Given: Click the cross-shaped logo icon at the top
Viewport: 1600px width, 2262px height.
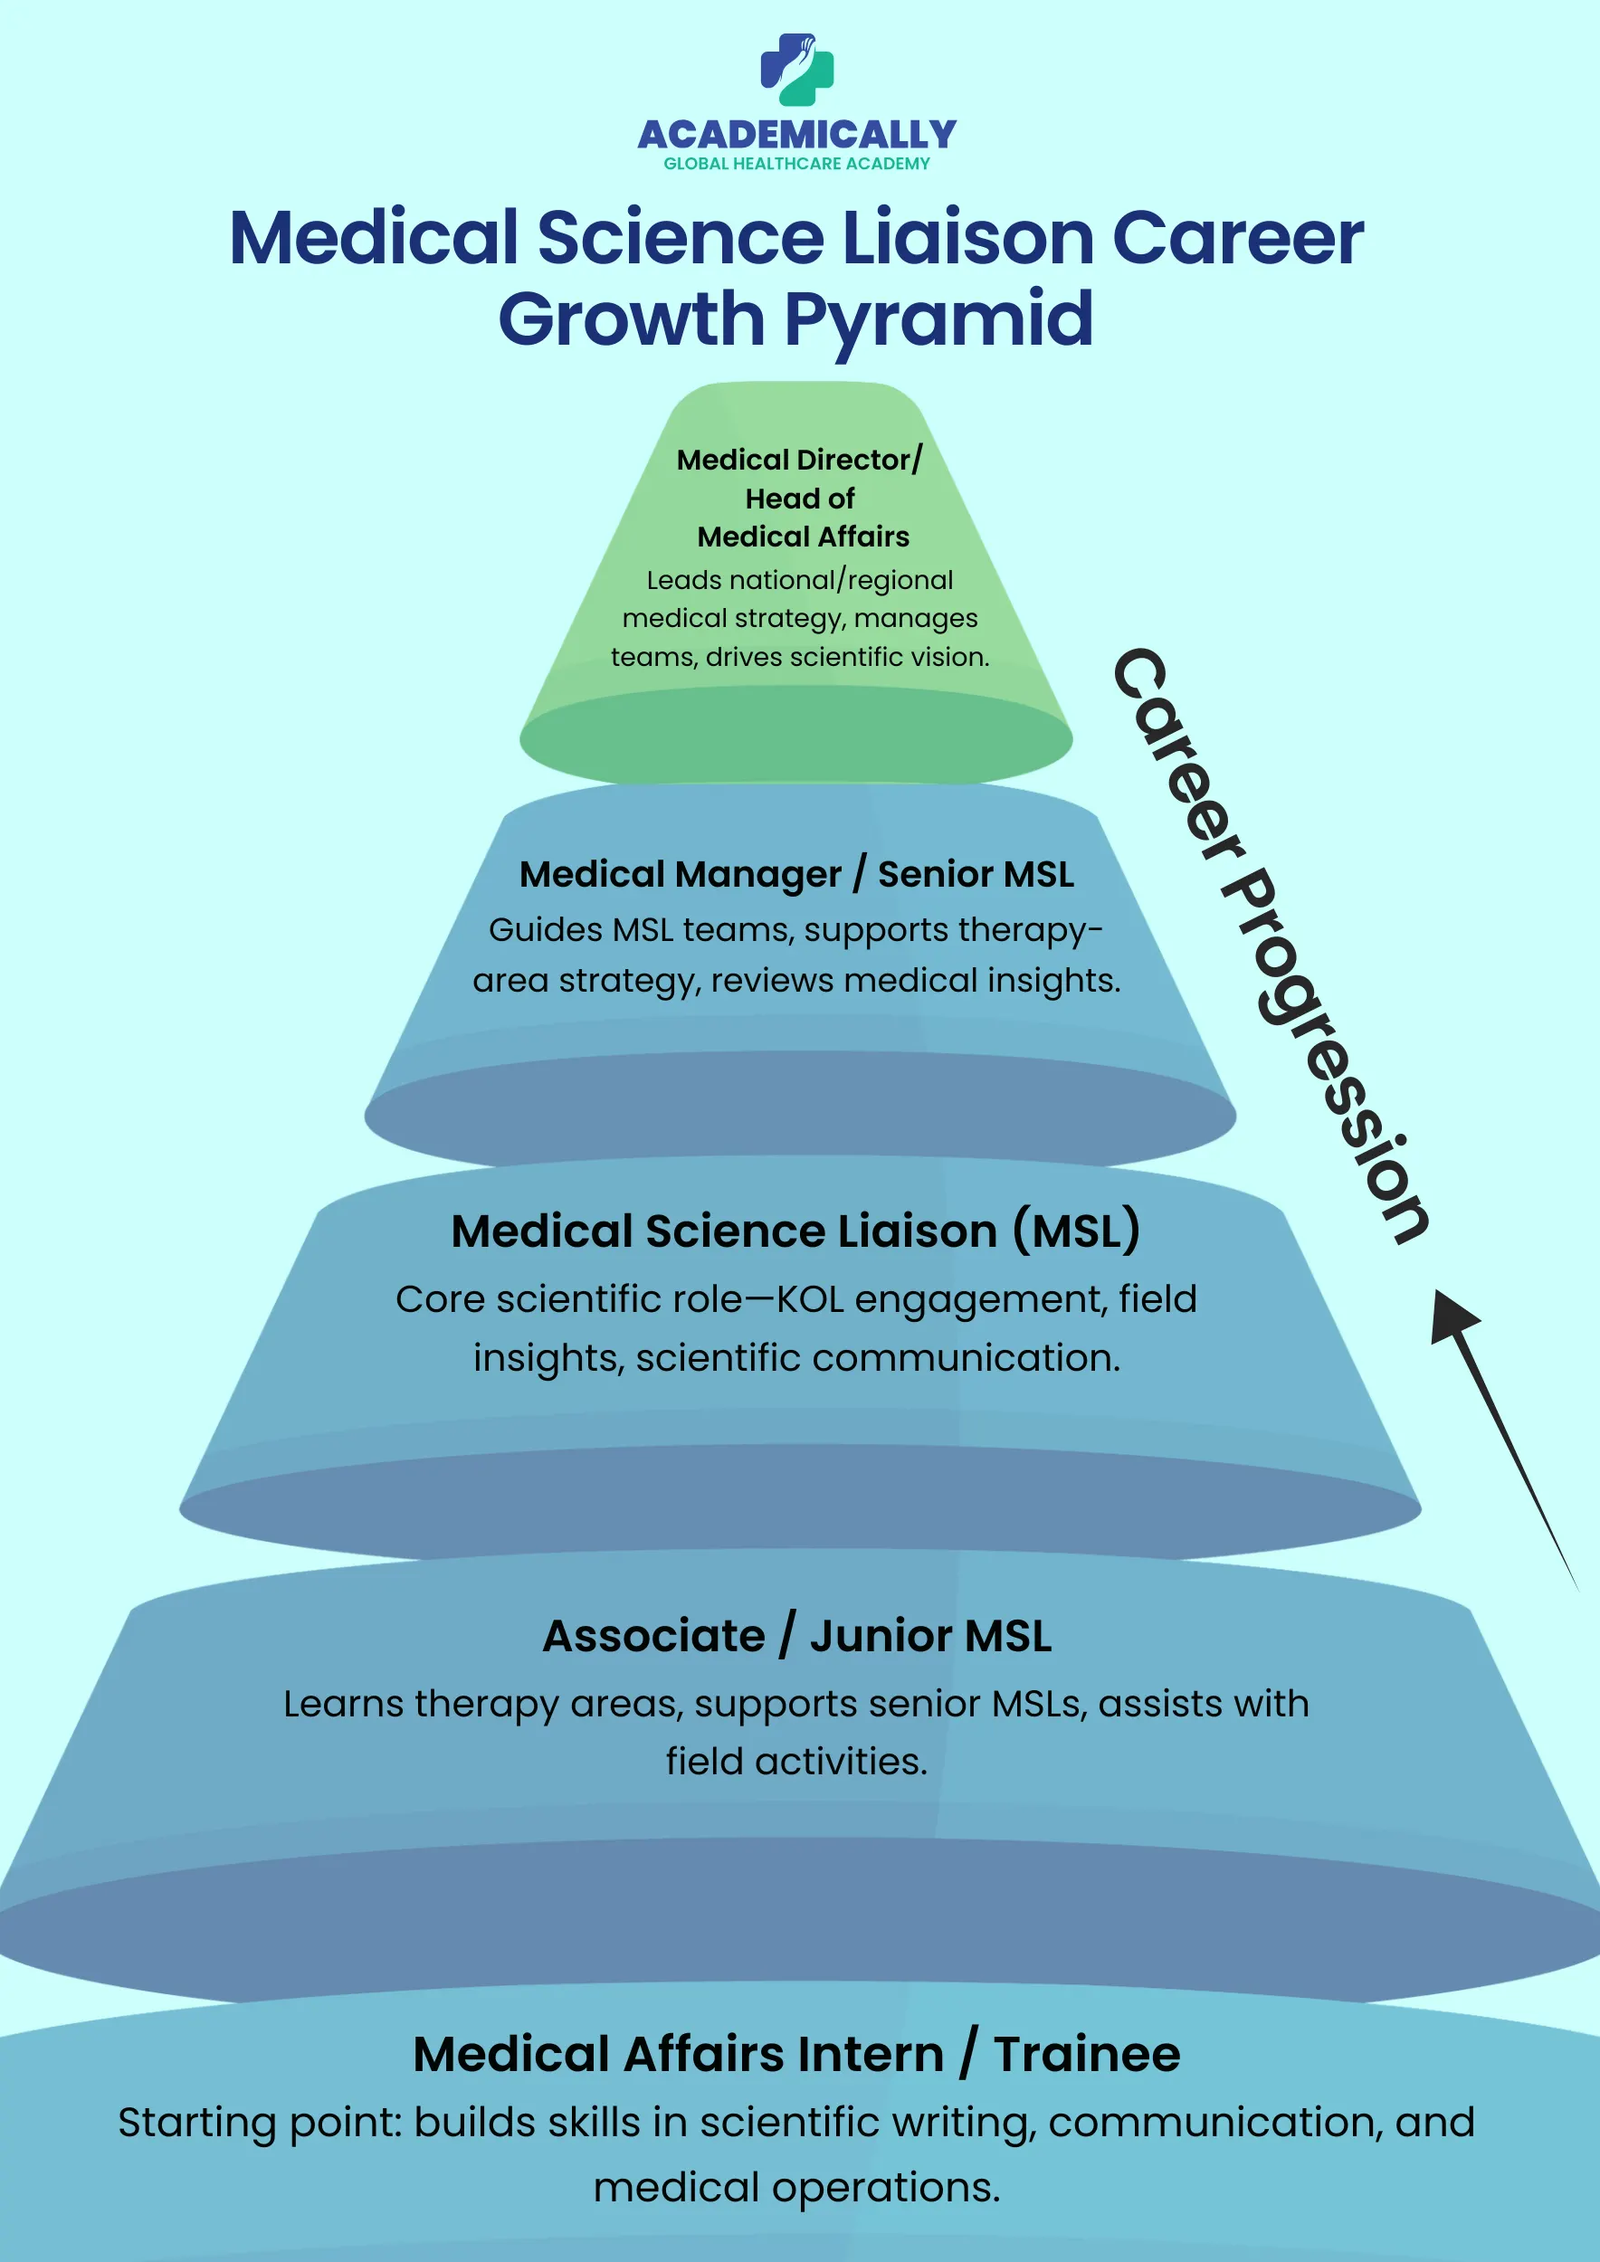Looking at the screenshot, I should [797, 70].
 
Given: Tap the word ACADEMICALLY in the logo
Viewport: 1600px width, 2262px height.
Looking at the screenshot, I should [797, 134].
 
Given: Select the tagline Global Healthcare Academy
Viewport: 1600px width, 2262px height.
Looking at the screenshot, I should [797, 165].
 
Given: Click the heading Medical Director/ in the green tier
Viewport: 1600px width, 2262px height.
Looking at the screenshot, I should [799, 460].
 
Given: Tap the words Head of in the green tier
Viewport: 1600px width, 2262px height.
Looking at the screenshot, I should [799, 499].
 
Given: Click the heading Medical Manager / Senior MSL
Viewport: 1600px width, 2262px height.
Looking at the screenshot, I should [796, 875].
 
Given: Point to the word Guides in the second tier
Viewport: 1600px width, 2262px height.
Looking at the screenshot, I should [546, 930].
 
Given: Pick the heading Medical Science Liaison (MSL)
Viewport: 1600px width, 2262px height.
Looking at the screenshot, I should [796, 1231].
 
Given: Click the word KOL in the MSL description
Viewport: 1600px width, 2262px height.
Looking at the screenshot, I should [810, 1300].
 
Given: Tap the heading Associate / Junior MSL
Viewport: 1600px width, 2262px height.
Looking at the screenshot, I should [796, 1637].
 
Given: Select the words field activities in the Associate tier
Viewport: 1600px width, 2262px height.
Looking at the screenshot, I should [796, 1762].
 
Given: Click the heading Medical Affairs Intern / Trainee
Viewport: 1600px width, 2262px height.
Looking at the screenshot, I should [796, 2055].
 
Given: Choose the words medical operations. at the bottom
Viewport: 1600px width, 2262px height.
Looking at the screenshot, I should [796, 2188].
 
